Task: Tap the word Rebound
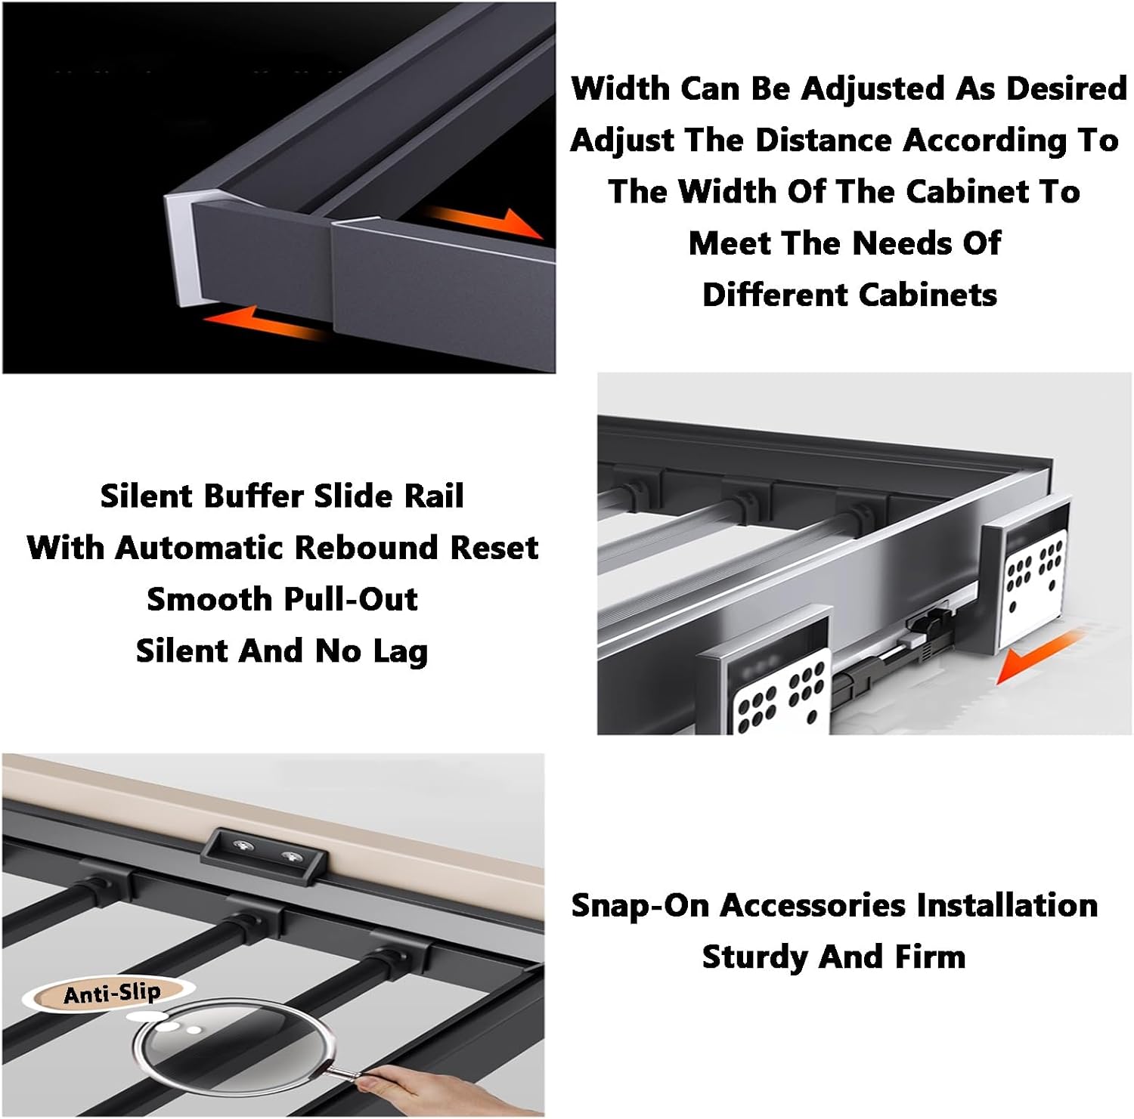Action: [x=369, y=548]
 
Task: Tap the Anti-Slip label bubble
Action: [x=112, y=994]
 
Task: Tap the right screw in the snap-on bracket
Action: [x=291, y=857]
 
